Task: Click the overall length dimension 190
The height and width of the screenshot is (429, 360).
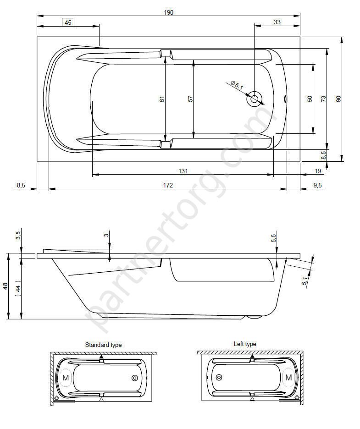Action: pos(169,12)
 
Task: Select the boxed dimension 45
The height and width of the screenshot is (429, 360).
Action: pos(68,22)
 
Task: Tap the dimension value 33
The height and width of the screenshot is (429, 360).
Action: pos(277,22)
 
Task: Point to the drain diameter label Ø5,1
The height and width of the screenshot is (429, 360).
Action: pos(237,85)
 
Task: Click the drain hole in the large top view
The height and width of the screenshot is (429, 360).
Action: pos(255,99)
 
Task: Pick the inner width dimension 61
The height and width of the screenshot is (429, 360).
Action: pos(162,99)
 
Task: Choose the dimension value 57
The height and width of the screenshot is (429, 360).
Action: pos(190,99)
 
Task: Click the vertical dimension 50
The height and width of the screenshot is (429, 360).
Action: pos(310,99)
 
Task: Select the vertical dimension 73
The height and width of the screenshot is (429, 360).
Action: pos(324,99)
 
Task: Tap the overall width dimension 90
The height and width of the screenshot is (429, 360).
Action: pos(338,99)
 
